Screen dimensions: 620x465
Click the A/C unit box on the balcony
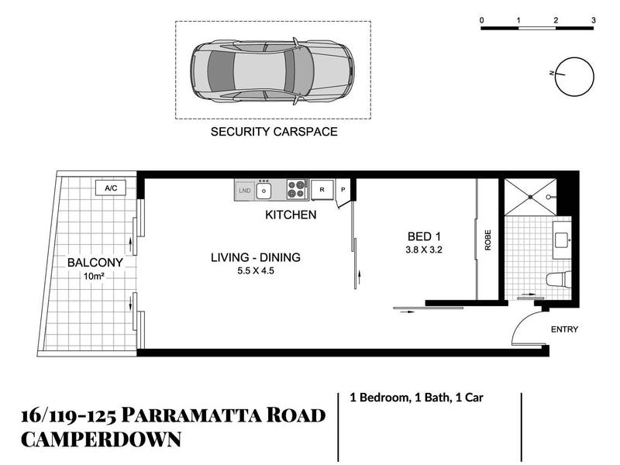111,188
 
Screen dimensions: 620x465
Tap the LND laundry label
245,191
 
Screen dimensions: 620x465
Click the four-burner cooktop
298,189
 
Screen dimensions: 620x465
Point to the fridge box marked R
322,190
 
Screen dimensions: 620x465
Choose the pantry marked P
343,190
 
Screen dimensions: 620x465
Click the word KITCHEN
291,215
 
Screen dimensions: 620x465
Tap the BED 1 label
424,237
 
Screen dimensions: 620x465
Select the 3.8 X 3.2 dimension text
424,250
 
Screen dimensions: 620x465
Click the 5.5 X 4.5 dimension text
256,270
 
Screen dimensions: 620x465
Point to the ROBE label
488,240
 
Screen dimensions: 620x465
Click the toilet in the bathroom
559,279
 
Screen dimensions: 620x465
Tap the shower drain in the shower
530,197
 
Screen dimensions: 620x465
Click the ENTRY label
564,329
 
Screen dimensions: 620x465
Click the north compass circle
574,77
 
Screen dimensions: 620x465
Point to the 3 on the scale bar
594,20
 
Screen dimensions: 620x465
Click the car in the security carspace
272,71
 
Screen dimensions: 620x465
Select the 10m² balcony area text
94,277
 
